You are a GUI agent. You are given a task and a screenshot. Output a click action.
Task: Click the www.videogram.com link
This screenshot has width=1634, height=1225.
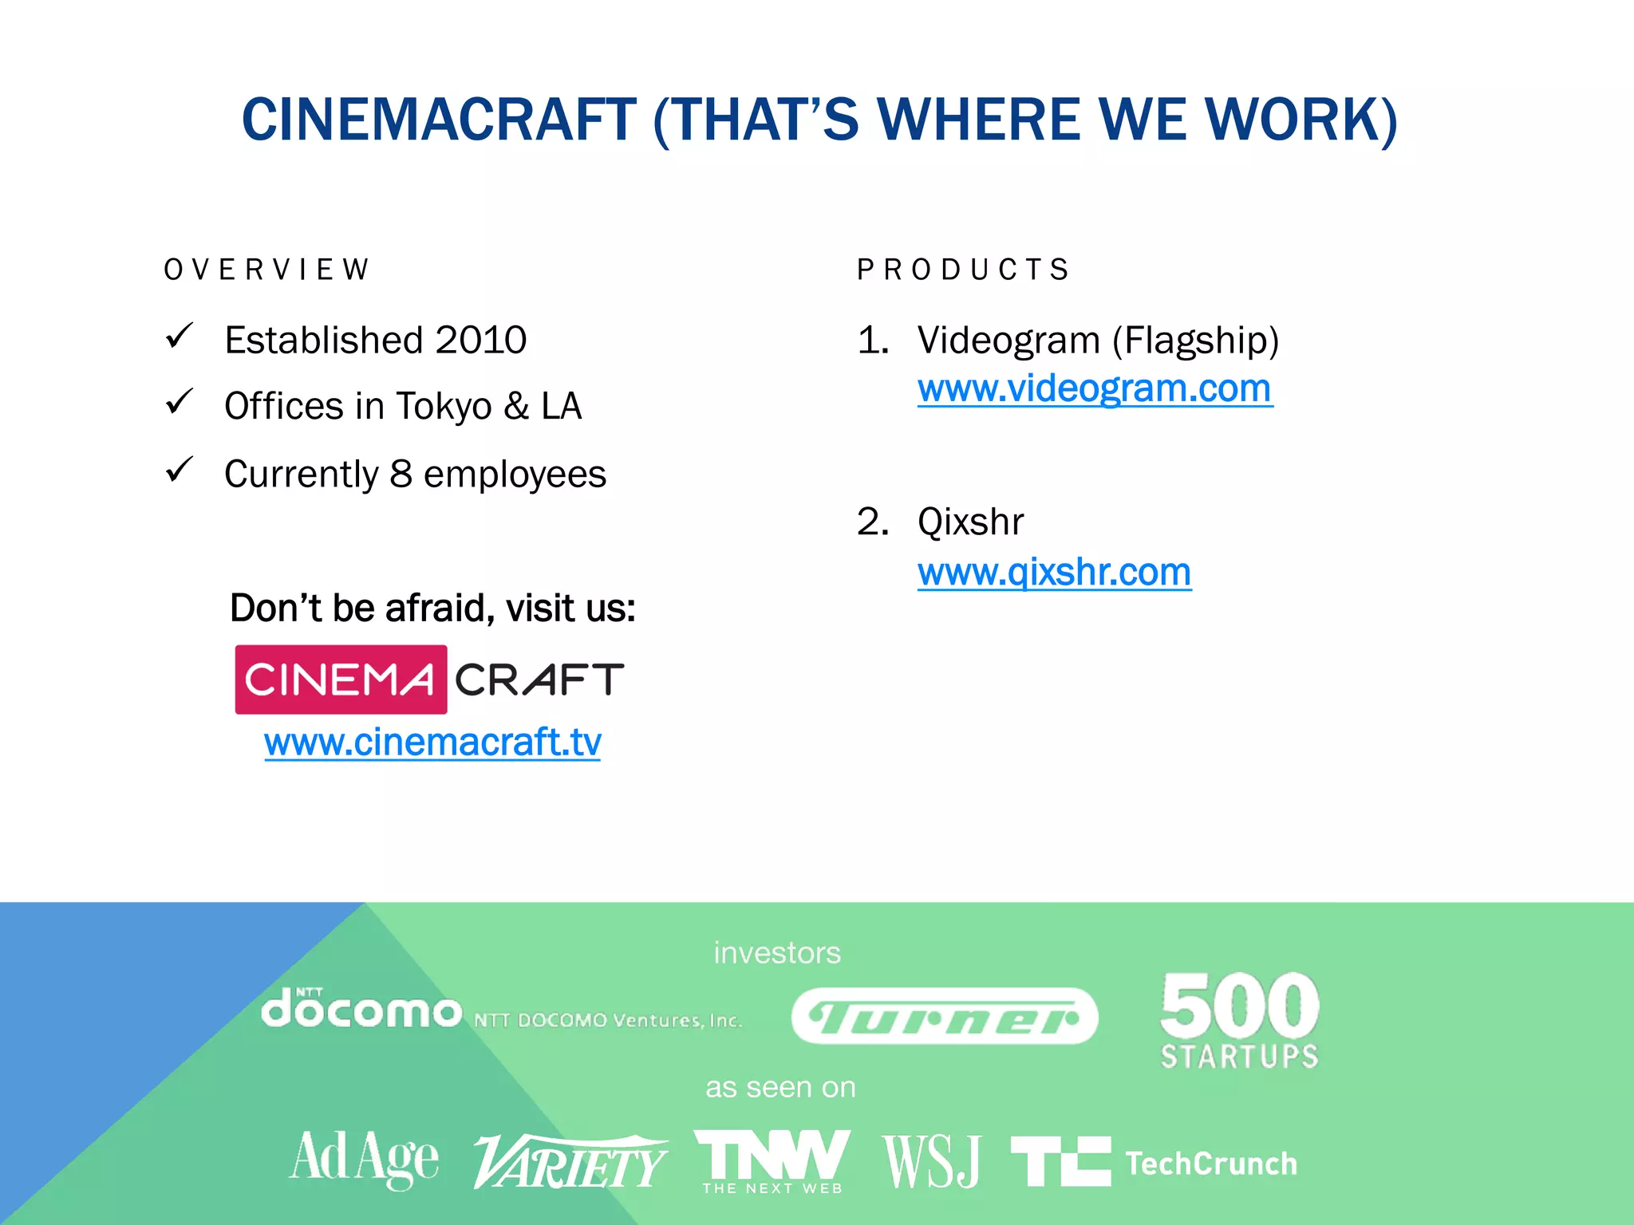click(x=1095, y=389)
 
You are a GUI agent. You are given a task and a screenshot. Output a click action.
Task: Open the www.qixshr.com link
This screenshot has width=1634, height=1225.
click(x=1054, y=572)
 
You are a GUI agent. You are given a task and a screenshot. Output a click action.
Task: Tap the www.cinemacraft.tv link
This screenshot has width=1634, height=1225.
click(x=432, y=742)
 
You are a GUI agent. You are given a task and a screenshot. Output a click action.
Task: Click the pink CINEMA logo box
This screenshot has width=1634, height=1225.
click(x=341, y=679)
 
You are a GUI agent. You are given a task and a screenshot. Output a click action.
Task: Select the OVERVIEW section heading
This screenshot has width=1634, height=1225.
click(x=267, y=270)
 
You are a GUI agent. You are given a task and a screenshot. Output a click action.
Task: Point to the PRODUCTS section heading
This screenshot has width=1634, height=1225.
click(x=963, y=270)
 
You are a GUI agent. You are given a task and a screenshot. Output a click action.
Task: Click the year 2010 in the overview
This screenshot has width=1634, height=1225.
click(x=481, y=341)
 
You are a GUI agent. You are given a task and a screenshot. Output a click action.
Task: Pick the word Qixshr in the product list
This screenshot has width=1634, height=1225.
click(x=970, y=522)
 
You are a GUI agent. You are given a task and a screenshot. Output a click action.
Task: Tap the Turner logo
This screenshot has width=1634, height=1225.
click(x=945, y=1016)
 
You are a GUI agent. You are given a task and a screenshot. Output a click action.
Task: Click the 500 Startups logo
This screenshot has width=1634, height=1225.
click(x=1240, y=1019)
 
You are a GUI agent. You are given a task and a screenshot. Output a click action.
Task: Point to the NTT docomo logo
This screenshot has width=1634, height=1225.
click(x=361, y=1010)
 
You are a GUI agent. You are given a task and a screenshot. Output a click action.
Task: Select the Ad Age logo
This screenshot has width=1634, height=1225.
click(x=364, y=1158)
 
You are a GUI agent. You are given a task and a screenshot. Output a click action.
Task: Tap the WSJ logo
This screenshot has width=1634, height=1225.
click(x=932, y=1161)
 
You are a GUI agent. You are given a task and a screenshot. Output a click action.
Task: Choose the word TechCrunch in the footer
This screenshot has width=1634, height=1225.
click(x=1211, y=1164)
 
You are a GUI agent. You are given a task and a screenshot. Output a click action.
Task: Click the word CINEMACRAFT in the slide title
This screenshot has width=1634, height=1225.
click(x=439, y=120)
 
